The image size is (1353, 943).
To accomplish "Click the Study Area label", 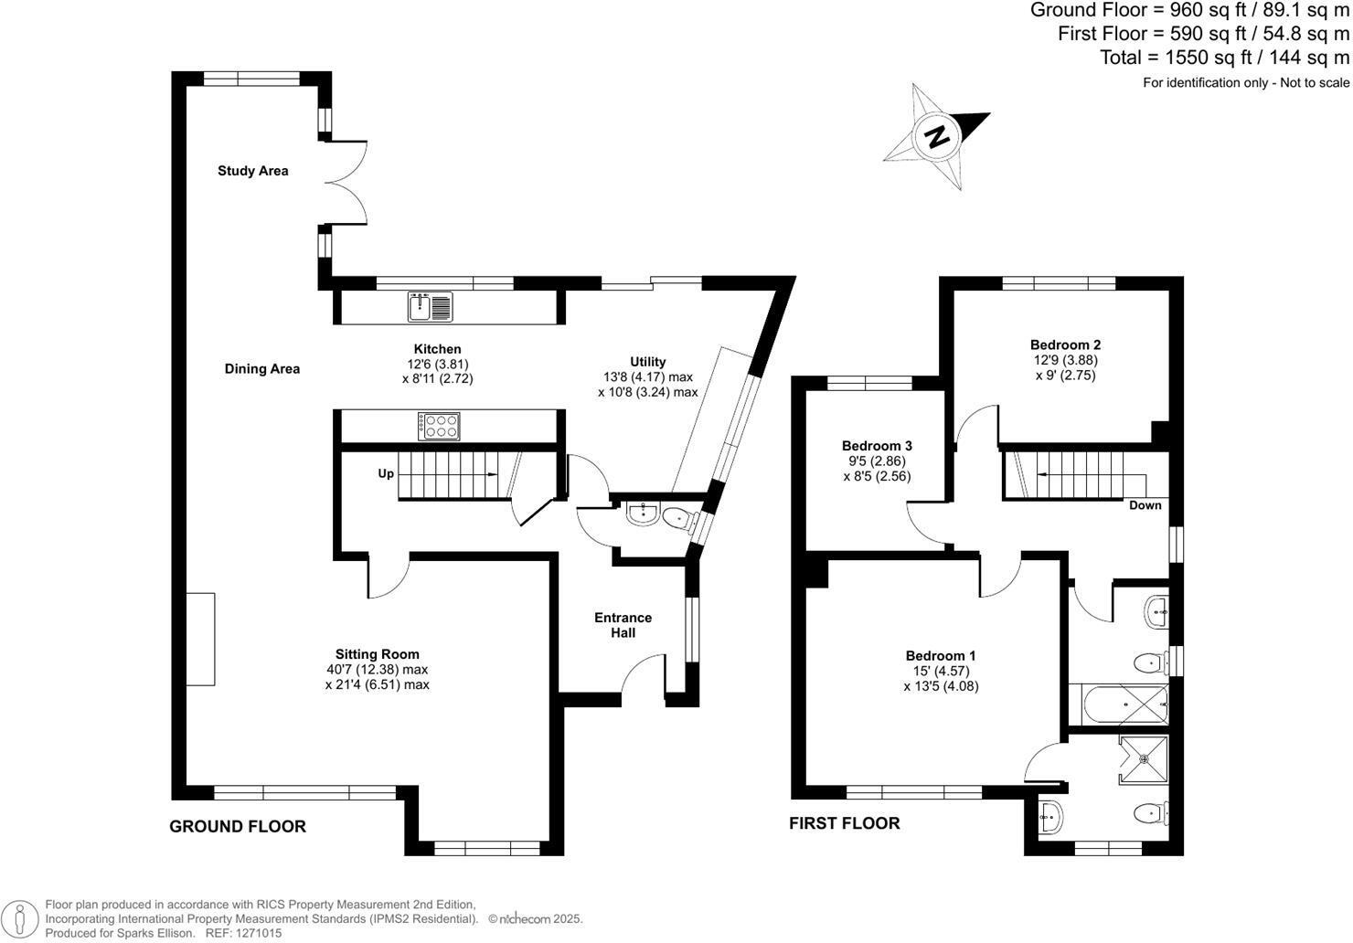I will pos(252,171).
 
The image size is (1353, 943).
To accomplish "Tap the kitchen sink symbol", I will pos(430,306).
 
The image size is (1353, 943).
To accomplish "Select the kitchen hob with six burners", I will pos(440,426).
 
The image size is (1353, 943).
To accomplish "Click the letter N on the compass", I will pos(935,137).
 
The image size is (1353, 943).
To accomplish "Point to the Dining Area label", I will pos(262,369).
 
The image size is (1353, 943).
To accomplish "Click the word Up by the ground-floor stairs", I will pos(386,474).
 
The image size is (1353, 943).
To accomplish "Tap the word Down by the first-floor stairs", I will pos(1145,505).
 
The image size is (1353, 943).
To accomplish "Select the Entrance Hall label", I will pos(623,625).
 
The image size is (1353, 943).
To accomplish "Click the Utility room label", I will pos(647,362).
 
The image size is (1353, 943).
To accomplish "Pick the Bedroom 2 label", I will pos(1065,344).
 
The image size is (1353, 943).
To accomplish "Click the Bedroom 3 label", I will pos(877,446).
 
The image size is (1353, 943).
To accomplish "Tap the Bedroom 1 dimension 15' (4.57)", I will pos(941,671).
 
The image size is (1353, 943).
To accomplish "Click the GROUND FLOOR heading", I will pos(238,827).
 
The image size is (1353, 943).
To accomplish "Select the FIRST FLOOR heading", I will pos(844,823).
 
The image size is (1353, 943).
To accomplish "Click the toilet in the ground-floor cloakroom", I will pos(677,519).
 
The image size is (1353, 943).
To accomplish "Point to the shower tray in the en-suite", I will pos(1144,758).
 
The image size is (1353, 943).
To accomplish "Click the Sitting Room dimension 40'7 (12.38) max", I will pos(377,669).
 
